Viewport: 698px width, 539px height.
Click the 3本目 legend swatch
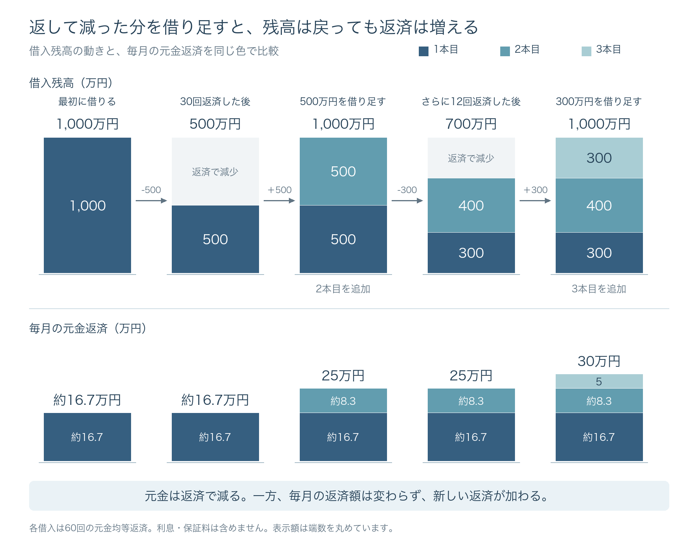coord(586,51)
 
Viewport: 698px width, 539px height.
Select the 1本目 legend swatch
coord(423,51)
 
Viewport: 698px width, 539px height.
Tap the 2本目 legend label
coord(527,50)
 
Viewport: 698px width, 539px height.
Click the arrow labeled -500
coord(151,200)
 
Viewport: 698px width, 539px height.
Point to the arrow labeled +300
coord(535,200)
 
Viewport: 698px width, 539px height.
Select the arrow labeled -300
coord(407,200)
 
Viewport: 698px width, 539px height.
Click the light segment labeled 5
coord(599,381)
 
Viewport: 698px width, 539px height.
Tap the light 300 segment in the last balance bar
coord(599,158)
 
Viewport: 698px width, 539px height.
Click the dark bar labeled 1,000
coord(87,206)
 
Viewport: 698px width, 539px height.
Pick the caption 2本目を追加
coord(343,289)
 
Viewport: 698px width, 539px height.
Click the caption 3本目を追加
coord(599,289)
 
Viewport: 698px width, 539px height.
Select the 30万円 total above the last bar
coord(599,361)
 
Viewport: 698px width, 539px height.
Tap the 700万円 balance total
coord(471,124)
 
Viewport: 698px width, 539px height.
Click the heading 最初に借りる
coord(87,102)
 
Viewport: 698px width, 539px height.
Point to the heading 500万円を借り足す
coord(343,102)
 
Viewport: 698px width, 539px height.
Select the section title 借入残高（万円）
coord(71,83)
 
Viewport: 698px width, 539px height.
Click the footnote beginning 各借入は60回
coord(212,528)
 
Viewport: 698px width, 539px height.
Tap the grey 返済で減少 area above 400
coord(471,158)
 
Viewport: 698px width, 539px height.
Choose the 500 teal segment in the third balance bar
coord(343,171)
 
